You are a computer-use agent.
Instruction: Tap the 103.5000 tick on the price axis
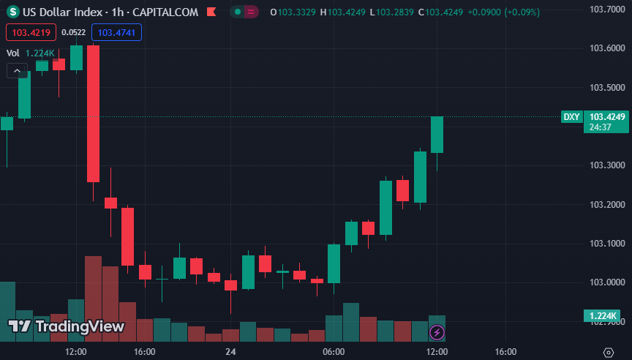[x=607, y=88]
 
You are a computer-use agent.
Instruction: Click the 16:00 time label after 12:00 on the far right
[x=505, y=352]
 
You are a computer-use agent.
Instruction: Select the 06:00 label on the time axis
[x=334, y=352]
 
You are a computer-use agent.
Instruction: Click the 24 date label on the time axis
[x=230, y=352]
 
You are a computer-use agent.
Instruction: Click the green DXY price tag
[x=571, y=117]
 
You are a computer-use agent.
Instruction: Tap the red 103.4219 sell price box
[x=31, y=32]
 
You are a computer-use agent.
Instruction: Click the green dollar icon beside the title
[x=12, y=12]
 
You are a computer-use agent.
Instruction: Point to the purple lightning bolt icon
[x=437, y=333]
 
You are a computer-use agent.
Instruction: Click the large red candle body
[x=93, y=113]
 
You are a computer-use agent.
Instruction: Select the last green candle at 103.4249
[x=437, y=135]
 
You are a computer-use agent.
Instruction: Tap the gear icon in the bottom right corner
[x=608, y=352]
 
